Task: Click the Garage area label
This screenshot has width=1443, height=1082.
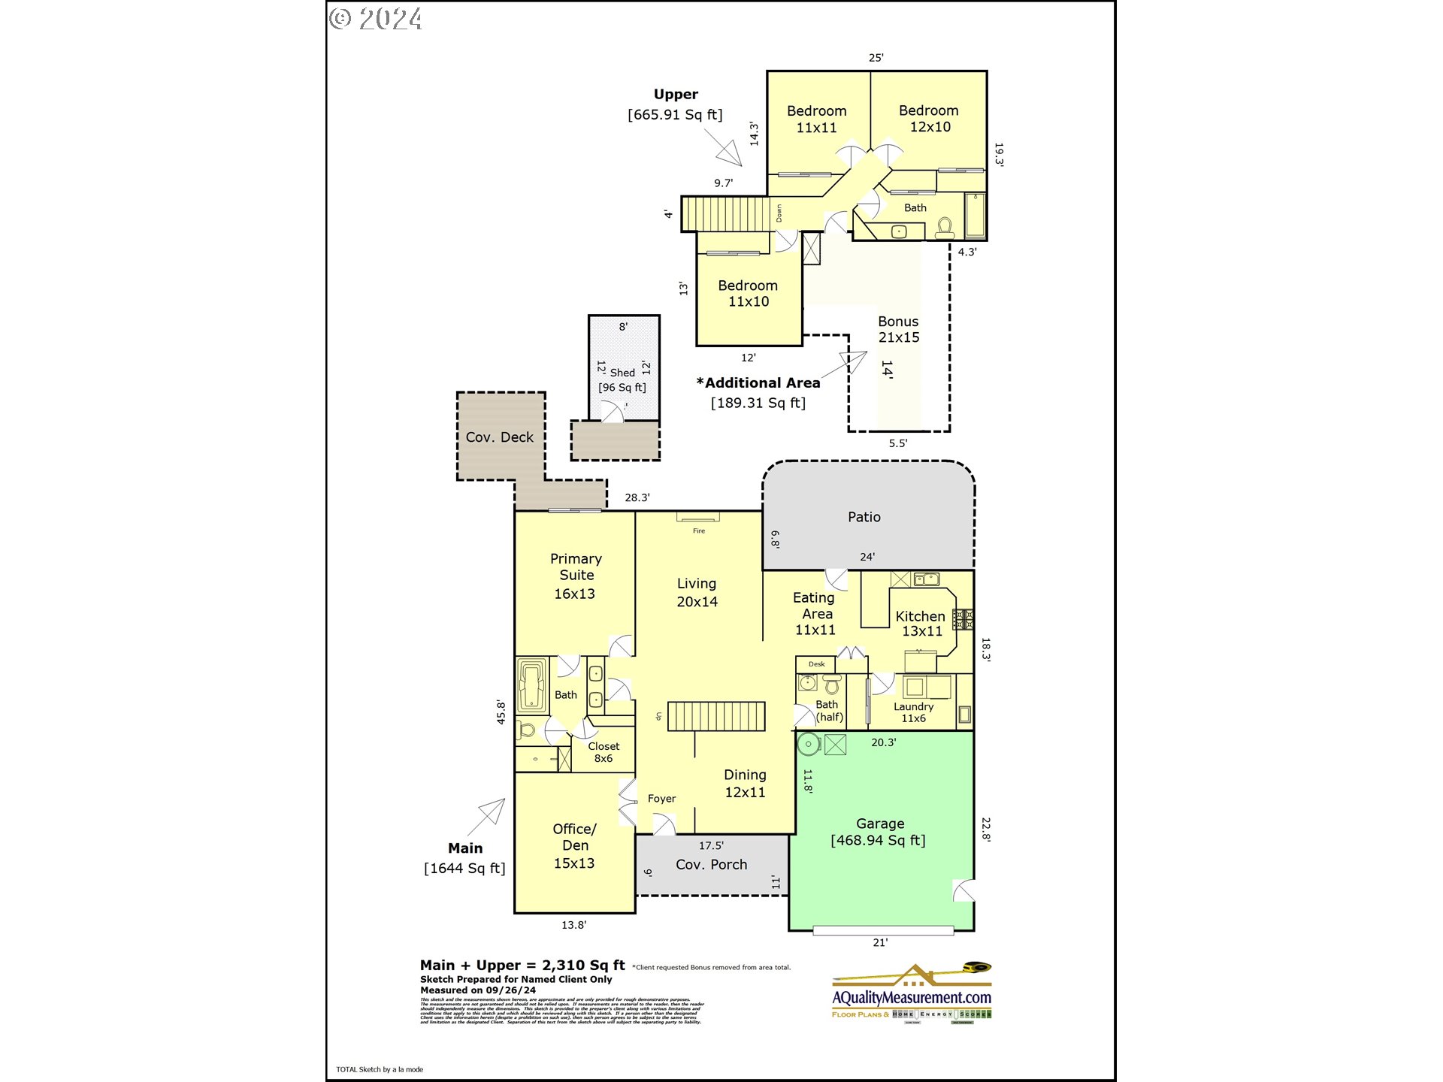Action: click(879, 832)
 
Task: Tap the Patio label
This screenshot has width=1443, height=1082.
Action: click(864, 517)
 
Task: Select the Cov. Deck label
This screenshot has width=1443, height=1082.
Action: click(499, 437)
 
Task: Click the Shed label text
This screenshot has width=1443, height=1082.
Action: click(622, 373)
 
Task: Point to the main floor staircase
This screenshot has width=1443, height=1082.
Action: click(715, 716)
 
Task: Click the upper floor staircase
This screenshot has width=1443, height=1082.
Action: click(726, 214)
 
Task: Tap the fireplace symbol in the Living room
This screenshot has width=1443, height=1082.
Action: click(698, 517)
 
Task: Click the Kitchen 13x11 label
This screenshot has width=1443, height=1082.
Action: click(921, 623)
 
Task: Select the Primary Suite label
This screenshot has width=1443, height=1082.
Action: click(576, 576)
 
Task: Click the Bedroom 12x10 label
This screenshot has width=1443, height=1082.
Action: click(929, 119)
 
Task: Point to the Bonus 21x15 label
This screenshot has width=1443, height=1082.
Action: click(898, 329)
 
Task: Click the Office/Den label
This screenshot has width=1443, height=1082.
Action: click(574, 845)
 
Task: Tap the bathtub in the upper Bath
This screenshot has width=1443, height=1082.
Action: click(975, 216)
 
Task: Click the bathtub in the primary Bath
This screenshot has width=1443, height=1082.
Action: click(531, 685)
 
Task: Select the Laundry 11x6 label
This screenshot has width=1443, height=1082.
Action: click(913, 712)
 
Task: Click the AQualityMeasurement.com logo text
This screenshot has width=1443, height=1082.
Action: click(911, 998)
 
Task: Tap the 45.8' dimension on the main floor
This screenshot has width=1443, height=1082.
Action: click(501, 712)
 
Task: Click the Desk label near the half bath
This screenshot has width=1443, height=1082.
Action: click(816, 664)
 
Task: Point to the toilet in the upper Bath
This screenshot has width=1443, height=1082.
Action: click(945, 226)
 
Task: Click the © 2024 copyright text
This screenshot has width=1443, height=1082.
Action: click(376, 19)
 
